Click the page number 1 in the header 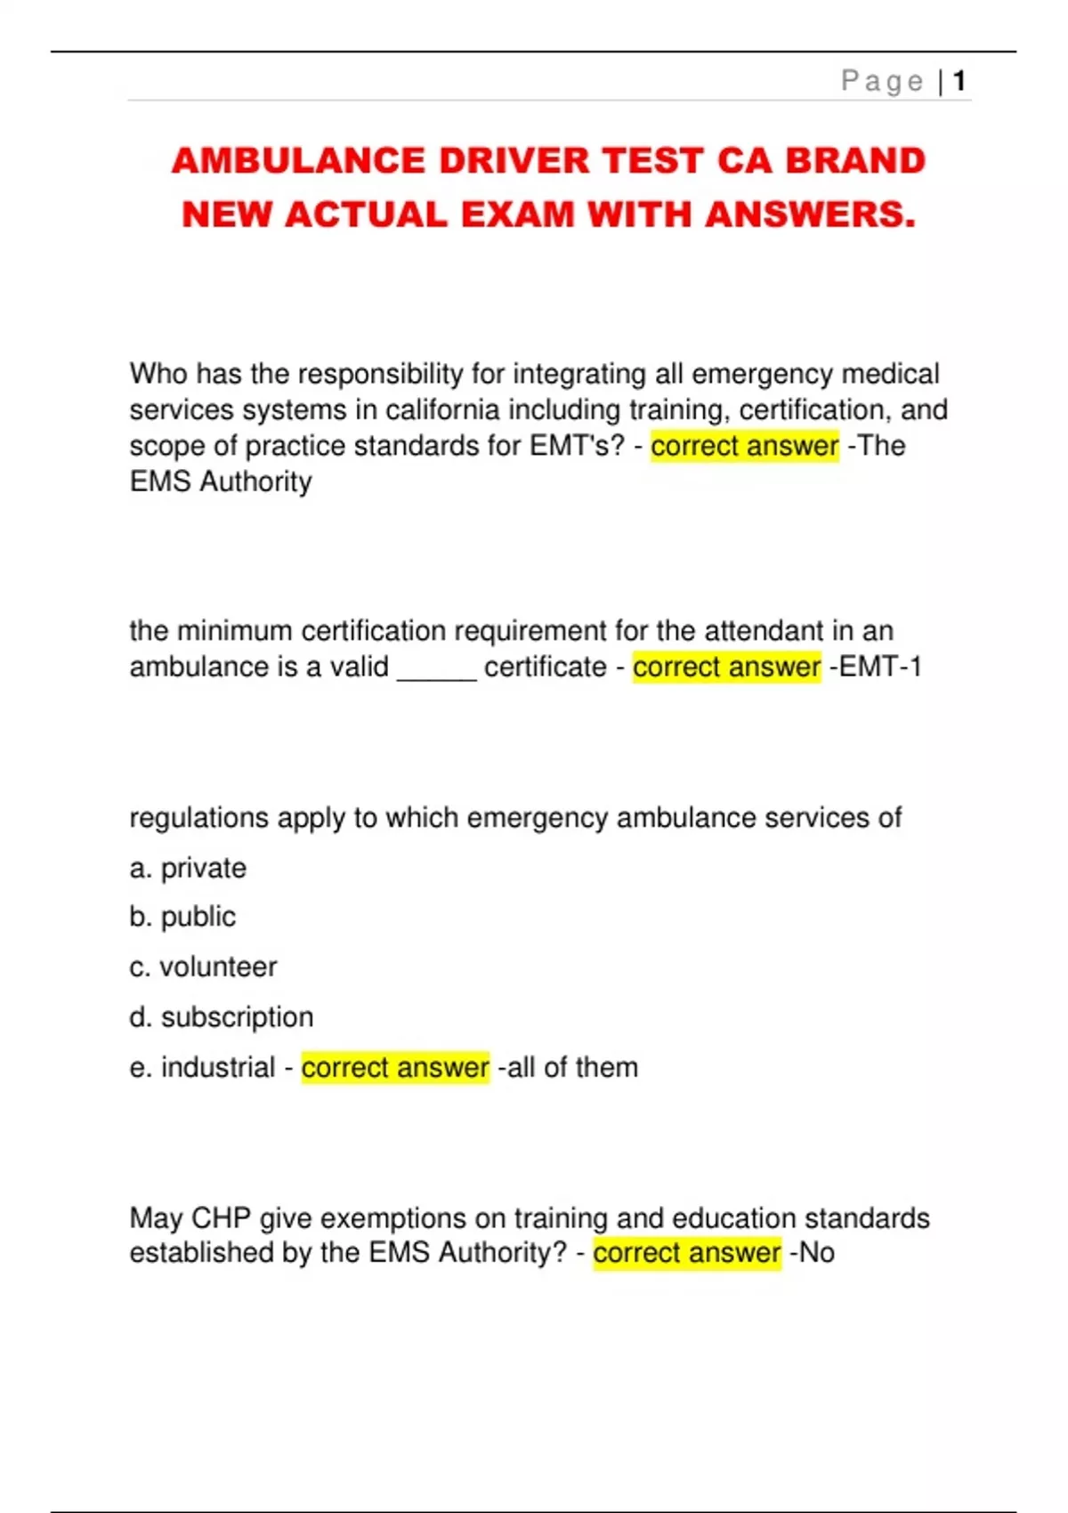(959, 81)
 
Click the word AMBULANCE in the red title (299, 161)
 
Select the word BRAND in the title (855, 161)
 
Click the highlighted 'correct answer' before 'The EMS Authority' (744, 446)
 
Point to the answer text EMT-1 (880, 667)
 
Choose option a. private (188, 868)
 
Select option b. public (182, 917)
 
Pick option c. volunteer (203, 967)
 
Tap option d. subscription (221, 1017)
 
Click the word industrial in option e (218, 1067)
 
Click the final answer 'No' (817, 1253)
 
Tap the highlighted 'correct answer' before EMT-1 (726, 667)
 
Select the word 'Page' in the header (882, 81)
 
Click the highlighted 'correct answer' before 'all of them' (395, 1067)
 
